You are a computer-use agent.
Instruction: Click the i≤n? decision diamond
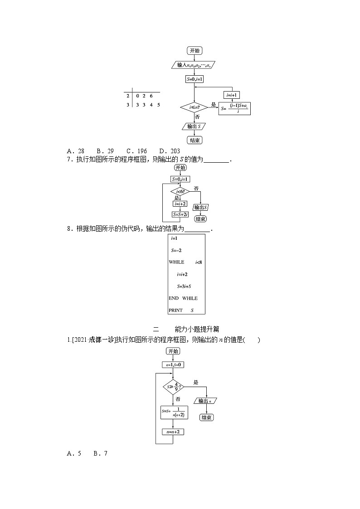[x=194, y=107]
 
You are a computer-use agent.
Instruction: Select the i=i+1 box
[x=232, y=95]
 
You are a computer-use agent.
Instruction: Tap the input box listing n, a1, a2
[x=194, y=65]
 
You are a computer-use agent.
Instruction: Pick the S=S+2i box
[x=180, y=214]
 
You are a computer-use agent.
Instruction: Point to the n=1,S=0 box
[x=173, y=364]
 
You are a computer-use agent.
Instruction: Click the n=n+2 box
[x=173, y=431]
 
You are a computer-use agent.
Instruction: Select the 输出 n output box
[x=206, y=401]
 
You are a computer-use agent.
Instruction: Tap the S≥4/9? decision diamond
[x=173, y=387]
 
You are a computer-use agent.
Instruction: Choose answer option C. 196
[x=136, y=151]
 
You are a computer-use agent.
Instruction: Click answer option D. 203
[x=170, y=151]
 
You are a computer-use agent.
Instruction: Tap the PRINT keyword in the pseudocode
[x=175, y=310]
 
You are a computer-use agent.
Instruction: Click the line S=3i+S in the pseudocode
[x=184, y=286]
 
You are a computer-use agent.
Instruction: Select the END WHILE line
[x=183, y=298]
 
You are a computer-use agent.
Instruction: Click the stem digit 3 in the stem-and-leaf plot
[x=128, y=105]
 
